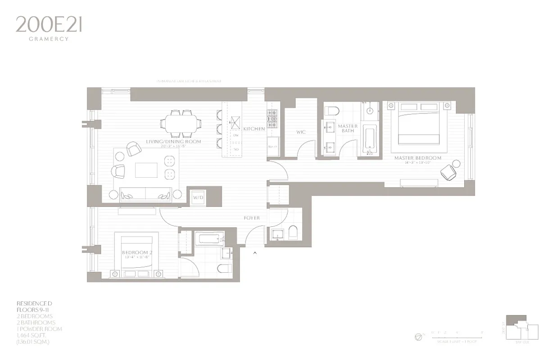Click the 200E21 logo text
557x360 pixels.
[x=49, y=25]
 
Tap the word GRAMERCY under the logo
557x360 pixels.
[x=49, y=39]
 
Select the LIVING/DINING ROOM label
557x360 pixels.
[x=173, y=142]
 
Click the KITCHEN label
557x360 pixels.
[x=254, y=129]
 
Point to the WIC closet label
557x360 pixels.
[x=301, y=132]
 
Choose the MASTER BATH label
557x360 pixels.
[x=348, y=129]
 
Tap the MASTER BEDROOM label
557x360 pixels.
[x=418, y=158]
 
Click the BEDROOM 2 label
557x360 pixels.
[x=137, y=253]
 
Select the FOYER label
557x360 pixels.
[x=252, y=218]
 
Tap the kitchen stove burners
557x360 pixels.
[x=272, y=118]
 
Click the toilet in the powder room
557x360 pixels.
[x=293, y=233]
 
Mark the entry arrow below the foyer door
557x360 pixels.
[x=255, y=253]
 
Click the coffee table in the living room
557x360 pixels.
[x=147, y=170]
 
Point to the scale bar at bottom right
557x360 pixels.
[x=457, y=336]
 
